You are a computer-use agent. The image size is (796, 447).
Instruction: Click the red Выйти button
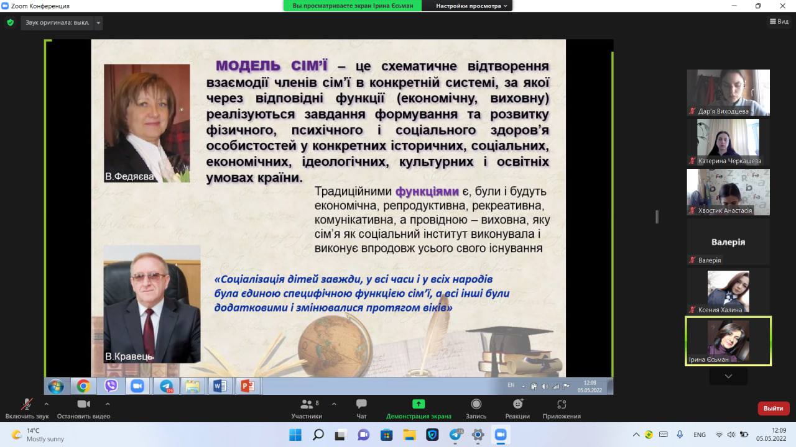click(773, 409)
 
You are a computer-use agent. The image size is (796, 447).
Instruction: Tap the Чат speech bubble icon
click(361, 404)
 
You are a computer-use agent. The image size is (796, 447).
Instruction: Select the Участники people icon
click(307, 404)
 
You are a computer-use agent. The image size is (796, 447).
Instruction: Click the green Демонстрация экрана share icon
click(419, 404)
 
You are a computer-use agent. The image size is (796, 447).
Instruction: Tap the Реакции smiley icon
click(518, 404)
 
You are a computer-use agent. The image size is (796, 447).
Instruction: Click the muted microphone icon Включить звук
click(27, 404)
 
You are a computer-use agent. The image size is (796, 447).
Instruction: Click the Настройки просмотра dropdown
click(471, 6)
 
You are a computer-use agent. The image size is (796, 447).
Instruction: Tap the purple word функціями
click(427, 192)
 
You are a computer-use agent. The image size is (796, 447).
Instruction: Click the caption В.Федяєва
click(129, 176)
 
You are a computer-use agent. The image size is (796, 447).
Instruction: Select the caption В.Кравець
click(129, 356)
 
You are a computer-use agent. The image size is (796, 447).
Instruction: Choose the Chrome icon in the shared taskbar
click(83, 386)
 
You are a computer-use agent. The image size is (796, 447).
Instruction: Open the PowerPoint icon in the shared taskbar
click(248, 386)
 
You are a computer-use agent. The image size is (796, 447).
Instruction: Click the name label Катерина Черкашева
click(729, 161)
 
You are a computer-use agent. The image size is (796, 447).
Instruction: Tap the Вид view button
click(779, 22)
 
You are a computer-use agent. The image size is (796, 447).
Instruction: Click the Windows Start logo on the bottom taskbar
click(295, 435)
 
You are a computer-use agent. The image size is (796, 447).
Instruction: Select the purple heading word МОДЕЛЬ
click(248, 66)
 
